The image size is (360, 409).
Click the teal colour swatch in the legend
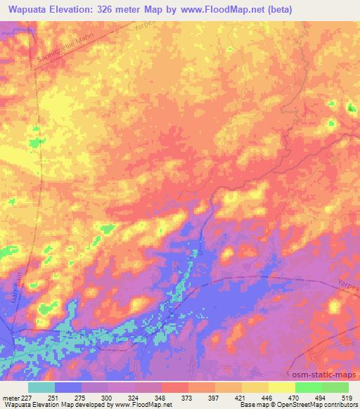[41, 387]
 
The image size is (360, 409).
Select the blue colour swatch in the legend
[68, 387]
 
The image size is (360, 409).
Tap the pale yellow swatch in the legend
[282, 387]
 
